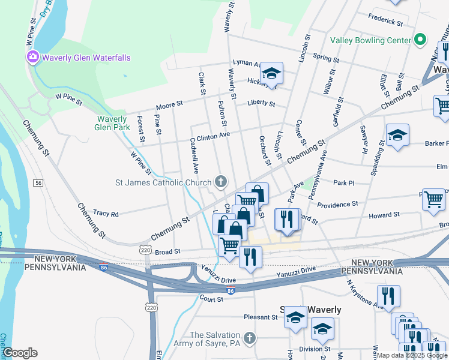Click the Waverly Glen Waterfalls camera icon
tap(32, 58)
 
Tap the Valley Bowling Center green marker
tap(421, 40)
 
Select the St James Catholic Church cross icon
tap(221, 182)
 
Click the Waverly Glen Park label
tap(112, 123)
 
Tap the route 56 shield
tap(39, 182)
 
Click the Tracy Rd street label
tap(106, 214)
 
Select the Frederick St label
tap(385, 20)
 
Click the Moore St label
tap(169, 105)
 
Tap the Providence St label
tap(337, 205)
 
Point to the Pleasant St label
tap(259, 317)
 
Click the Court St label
tap(211, 298)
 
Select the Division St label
tap(315, 349)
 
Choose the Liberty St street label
tap(261, 103)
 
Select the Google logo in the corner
tap(20, 353)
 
